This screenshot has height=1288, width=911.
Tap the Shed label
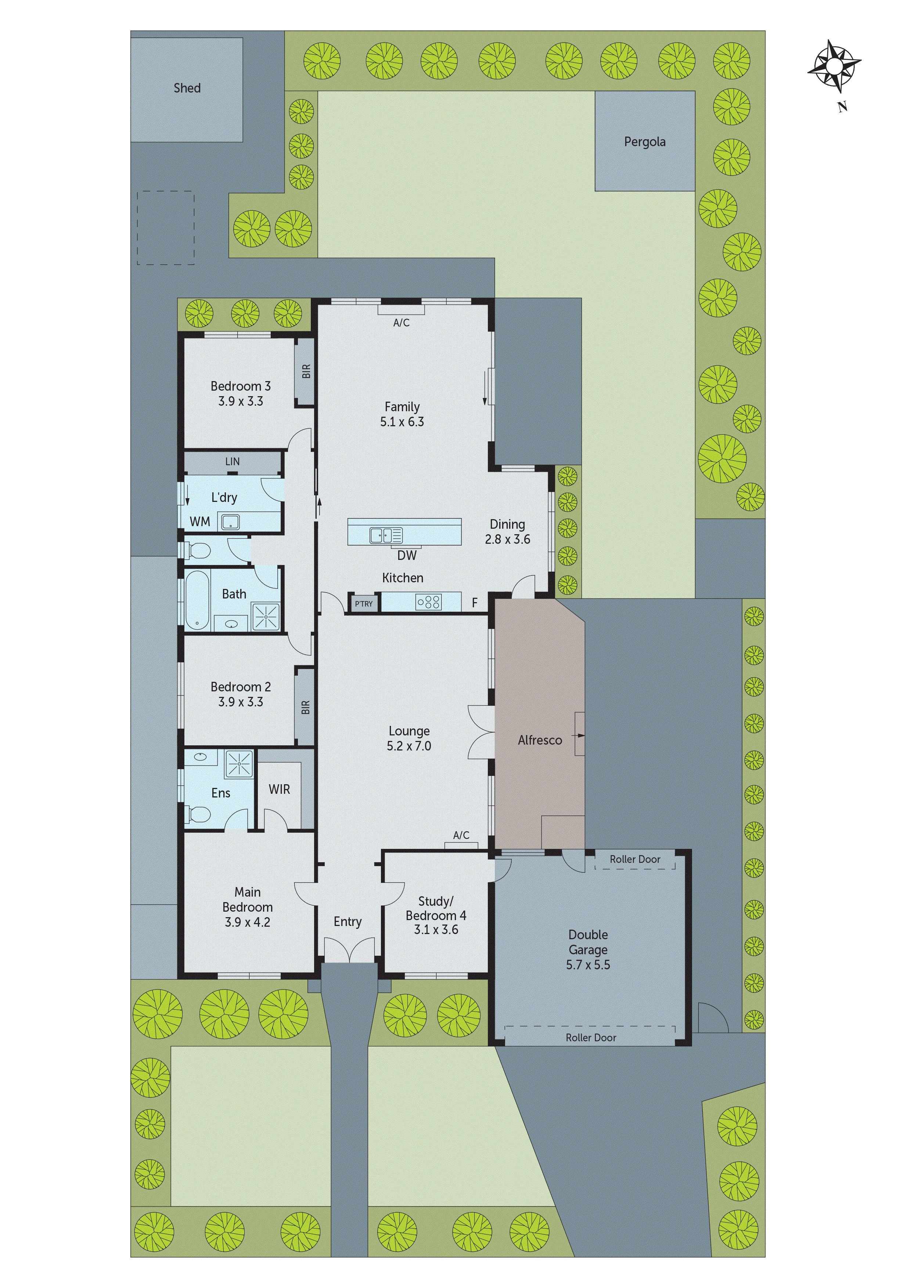tap(187, 88)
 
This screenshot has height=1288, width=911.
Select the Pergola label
tap(644, 142)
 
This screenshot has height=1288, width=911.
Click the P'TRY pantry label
tap(364, 604)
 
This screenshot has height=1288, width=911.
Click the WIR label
tap(279, 789)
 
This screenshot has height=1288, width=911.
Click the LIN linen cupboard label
tap(233, 462)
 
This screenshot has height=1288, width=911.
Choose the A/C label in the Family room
tap(402, 323)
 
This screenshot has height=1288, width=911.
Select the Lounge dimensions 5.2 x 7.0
tap(408, 746)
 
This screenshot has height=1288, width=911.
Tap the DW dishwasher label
tap(407, 556)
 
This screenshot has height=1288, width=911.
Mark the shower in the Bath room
tap(266, 615)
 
